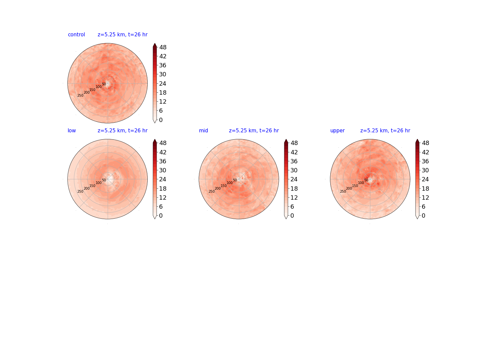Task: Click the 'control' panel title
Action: [x=76, y=35]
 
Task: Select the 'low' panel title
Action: [x=72, y=130]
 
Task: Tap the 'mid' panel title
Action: [x=203, y=130]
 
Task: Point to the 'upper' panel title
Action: [x=337, y=131]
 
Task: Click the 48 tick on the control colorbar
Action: [x=163, y=47]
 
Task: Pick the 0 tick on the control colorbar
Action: [x=161, y=120]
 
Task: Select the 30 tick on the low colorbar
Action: [x=163, y=170]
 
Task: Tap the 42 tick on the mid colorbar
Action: [x=294, y=152]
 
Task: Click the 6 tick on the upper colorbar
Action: [x=423, y=207]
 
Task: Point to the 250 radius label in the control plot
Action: [x=80, y=96]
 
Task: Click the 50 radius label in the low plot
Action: [x=104, y=180]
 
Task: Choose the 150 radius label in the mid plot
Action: [x=223, y=186]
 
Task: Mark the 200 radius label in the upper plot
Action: [x=349, y=188]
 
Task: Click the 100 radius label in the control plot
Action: [x=99, y=87]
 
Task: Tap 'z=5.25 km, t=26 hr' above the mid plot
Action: [x=254, y=130]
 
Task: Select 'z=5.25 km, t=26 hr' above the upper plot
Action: [x=385, y=130]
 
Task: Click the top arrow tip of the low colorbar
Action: [x=155, y=139]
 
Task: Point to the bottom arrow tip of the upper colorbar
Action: [x=417, y=219]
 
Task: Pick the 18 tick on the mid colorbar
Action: [x=294, y=188]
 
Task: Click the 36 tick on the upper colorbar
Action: [x=425, y=161]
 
